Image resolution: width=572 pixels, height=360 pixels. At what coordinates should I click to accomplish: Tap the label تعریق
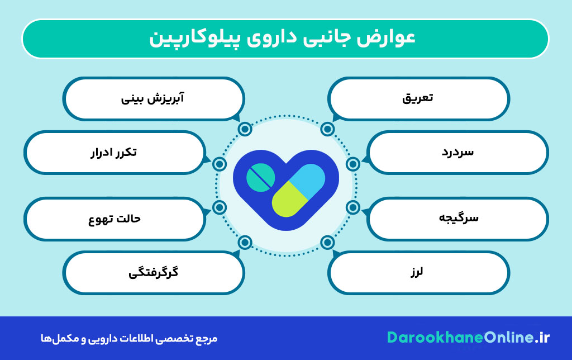point(418,98)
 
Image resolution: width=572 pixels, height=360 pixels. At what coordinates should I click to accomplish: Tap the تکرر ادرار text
point(113,152)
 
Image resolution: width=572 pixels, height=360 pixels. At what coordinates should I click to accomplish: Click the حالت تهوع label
point(115,218)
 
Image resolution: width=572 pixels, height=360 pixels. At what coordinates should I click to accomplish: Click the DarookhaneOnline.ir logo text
point(468,338)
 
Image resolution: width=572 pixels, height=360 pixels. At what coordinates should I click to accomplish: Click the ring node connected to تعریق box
point(328,130)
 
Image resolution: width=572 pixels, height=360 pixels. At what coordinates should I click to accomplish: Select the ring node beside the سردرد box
point(353,164)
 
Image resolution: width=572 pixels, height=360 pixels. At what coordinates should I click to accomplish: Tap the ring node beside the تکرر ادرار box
point(220,164)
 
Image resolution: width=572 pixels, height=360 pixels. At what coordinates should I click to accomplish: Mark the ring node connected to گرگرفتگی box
point(245,243)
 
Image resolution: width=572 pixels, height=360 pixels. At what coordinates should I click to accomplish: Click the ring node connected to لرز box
point(328,243)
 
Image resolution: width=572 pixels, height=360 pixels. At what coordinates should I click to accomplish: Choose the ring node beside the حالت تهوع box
point(220,208)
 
